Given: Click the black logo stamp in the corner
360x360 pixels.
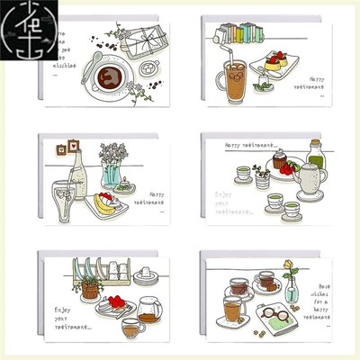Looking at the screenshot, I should pyautogui.click(x=18, y=18).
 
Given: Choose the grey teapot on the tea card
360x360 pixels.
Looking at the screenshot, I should pyautogui.click(x=311, y=181).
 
